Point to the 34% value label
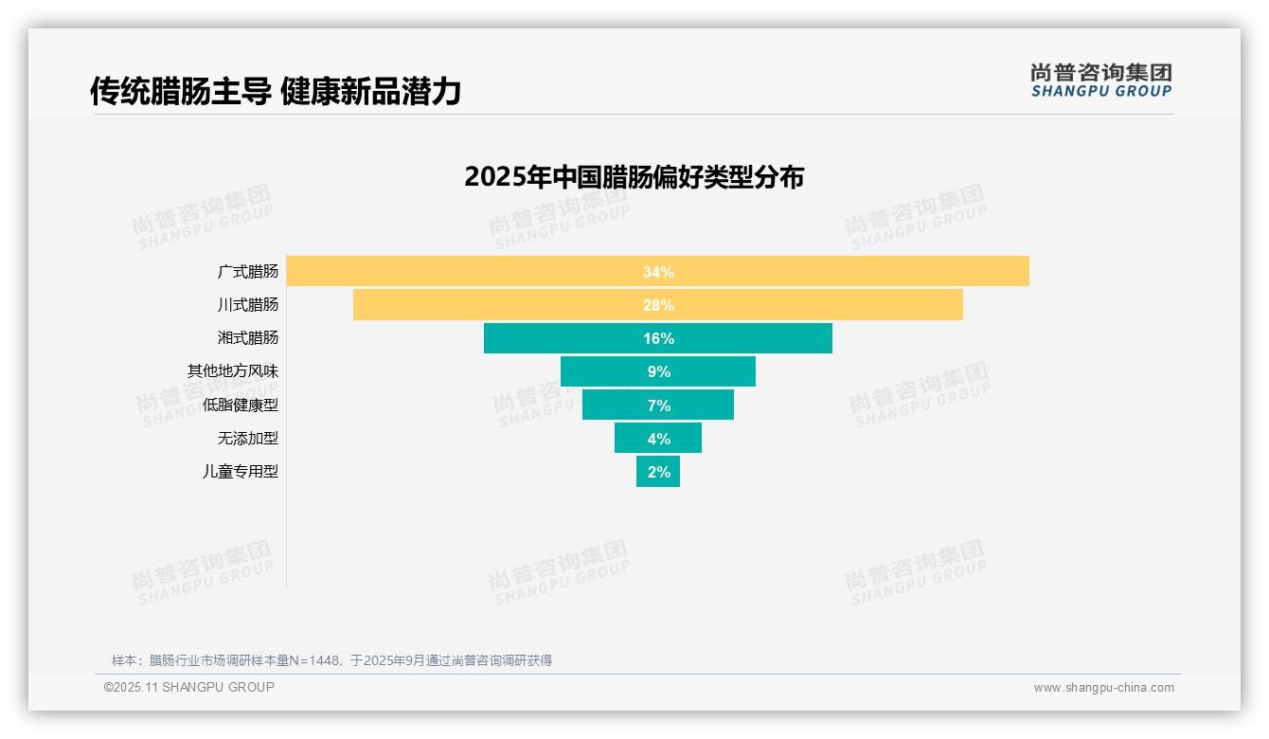pyautogui.click(x=658, y=272)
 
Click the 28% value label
pyautogui.click(x=658, y=305)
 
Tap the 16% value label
pyautogui.click(x=658, y=338)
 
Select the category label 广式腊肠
pyautogui.click(x=248, y=272)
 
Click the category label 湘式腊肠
pyautogui.click(x=248, y=338)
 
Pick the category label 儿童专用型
pyautogui.click(x=241, y=472)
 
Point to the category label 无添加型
pyautogui.click(x=248, y=439)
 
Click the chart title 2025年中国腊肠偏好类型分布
pyautogui.click(x=634, y=177)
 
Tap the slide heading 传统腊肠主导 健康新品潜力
pyautogui.click(x=275, y=92)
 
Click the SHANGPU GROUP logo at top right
pyautogui.click(x=1100, y=81)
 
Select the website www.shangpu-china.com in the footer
pyautogui.click(x=1103, y=688)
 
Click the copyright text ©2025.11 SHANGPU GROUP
pyautogui.click(x=189, y=688)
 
